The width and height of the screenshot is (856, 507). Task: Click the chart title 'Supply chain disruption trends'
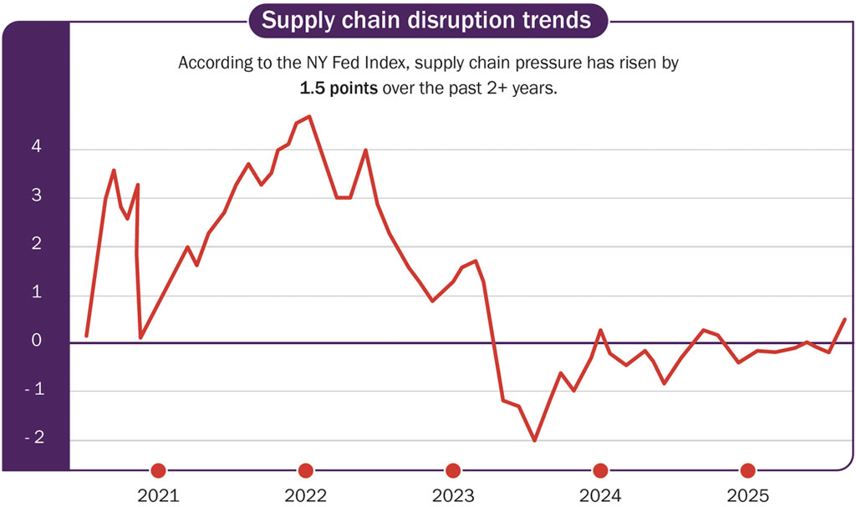click(x=427, y=19)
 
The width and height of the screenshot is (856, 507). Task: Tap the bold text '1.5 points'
click(x=340, y=88)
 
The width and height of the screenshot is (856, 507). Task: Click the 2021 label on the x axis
click(x=158, y=495)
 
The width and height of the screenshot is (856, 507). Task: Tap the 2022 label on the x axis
click(x=306, y=495)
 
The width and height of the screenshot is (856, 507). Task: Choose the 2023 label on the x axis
click(x=453, y=495)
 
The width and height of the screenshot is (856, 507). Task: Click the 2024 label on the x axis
click(x=600, y=495)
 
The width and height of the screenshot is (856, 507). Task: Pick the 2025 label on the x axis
click(x=748, y=495)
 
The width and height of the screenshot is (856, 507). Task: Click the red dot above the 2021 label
click(x=158, y=470)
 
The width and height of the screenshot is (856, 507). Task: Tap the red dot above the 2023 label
click(x=453, y=470)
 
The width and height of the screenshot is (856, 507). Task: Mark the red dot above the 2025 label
click(x=748, y=470)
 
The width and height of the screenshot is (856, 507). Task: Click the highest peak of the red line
click(x=309, y=117)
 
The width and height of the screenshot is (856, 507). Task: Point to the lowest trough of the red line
click(x=534, y=440)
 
